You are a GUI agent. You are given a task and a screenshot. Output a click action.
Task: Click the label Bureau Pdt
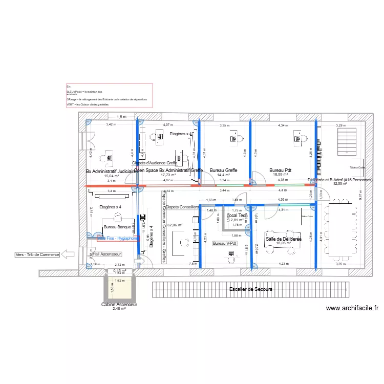click(x=281, y=170)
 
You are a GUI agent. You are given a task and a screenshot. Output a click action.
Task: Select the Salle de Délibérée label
click(x=283, y=239)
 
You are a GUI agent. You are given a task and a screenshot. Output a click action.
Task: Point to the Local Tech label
click(x=237, y=216)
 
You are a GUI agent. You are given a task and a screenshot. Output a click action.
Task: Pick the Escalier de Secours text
click(x=251, y=289)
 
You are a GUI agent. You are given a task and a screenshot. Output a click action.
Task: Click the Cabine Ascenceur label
click(x=119, y=304)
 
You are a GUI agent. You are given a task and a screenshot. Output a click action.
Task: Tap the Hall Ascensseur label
click(x=106, y=254)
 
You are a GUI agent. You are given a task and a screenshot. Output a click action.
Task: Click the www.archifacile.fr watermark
click(x=352, y=308)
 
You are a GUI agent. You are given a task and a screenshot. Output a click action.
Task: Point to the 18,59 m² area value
click(x=281, y=175)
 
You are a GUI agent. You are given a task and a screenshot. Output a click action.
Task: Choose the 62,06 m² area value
click(x=175, y=225)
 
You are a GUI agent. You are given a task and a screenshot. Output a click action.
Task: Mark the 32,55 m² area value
click(x=340, y=184)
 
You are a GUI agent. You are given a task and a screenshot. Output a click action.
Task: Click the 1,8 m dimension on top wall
click(x=121, y=117)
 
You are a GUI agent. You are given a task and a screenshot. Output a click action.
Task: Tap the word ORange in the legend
click(x=71, y=99)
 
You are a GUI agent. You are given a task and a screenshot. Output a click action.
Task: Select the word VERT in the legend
click(x=70, y=104)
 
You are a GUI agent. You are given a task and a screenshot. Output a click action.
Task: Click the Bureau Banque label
click(x=117, y=226)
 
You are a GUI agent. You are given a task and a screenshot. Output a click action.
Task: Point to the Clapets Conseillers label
click(x=182, y=207)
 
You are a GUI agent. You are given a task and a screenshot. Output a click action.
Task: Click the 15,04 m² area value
click(x=112, y=176)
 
